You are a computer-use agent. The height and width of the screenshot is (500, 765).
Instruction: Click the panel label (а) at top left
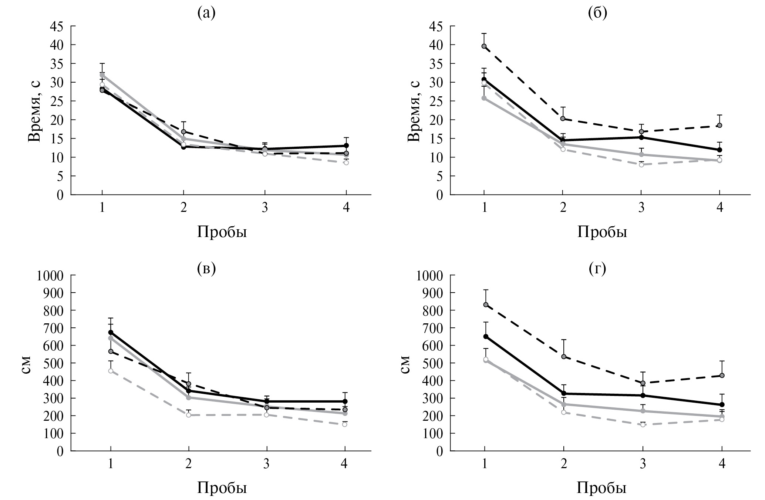click(x=206, y=13)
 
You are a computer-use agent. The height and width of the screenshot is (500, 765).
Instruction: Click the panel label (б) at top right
click(x=597, y=13)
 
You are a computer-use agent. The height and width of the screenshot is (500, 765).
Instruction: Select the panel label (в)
click(x=206, y=269)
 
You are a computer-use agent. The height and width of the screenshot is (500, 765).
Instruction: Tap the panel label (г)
click(x=597, y=269)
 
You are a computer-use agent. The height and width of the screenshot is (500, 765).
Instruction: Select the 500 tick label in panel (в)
click(x=54, y=363)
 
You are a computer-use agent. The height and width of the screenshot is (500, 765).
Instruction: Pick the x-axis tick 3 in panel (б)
click(x=641, y=208)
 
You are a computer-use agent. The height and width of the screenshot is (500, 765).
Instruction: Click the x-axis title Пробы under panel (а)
click(x=222, y=232)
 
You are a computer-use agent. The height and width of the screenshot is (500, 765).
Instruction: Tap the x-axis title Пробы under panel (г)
click(x=602, y=489)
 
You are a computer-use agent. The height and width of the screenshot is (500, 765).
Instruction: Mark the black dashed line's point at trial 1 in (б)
click(x=484, y=46)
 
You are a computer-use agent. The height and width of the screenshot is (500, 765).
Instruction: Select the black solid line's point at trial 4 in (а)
click(x=346, y=146)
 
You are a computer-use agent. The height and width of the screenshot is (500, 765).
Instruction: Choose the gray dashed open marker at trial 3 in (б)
click(x=641, y=165)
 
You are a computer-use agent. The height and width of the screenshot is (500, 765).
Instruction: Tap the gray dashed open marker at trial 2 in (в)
click(x=189, y=415)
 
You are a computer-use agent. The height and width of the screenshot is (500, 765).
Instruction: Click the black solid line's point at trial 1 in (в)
click(x=111, y=332)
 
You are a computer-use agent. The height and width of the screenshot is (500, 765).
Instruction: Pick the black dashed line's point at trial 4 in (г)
click(x=722, y=376)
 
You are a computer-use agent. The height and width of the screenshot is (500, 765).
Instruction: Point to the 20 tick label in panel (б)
click(x=437, y=120)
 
